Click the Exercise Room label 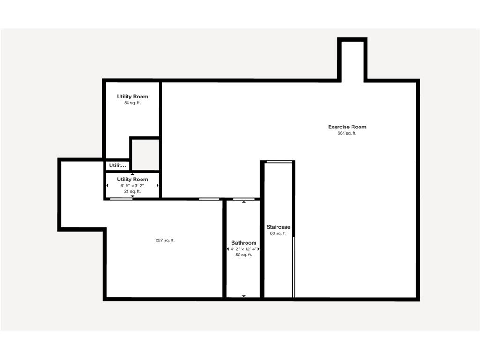pyautogui.click(x=347, y=127)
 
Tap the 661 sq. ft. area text pyautogui.click(x=347, y=133)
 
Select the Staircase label pyautogui.click(x=278, y=227)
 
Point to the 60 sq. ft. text pyautogui.click(x=278, y=233)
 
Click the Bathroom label pyautogui.click(x=244, y=243)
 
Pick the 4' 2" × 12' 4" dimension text pyautogui.click(x=244, y=249)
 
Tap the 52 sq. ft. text pyautogui.click(x=244, y=255)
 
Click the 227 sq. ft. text pyautogui.click(x=165, y=240)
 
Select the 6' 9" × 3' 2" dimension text pyautogui.click(x=132, y=186)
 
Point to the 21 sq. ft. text pyautogui.click(x=132, y=191)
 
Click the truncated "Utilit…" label pyautogui.click(x=118, y=165)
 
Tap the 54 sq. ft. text pyautogui.click(x=132, y=103)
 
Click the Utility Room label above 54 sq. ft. pyautogui.click(x=132, y=97)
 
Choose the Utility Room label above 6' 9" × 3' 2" pyautogui.click(x=132, y=180)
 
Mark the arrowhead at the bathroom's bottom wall pyautogui.click(x=244, y=296)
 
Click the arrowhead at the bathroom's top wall pyautogui.click(x=244, y=202)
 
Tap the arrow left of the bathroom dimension pyautogui.click(x=228, y=249)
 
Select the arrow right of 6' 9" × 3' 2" pyautogui.click(x=158, y=186)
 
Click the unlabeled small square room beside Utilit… pyautogui.click(x=145, y=154)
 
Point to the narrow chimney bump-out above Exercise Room pyautogui.click(x=352, y=60)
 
